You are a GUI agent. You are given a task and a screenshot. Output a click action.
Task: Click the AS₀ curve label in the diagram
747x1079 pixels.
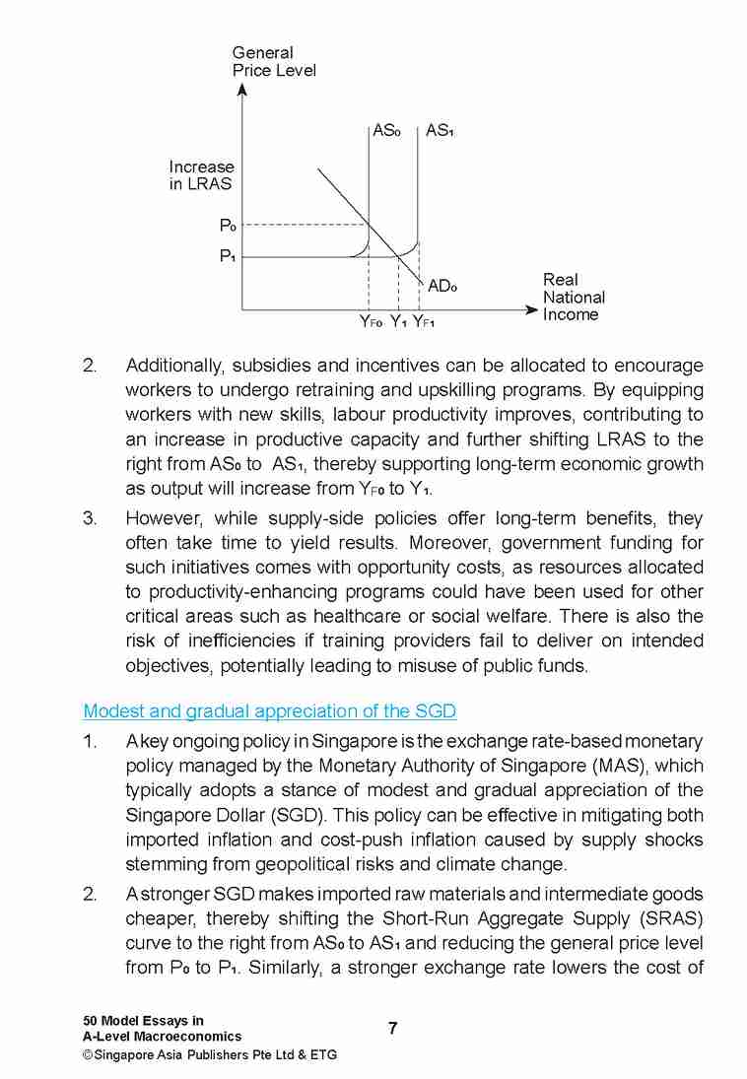click(386, 130)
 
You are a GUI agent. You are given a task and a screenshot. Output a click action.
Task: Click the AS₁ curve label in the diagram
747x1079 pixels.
click(440, 130)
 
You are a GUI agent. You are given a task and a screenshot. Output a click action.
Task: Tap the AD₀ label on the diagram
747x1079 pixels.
click(442, 286)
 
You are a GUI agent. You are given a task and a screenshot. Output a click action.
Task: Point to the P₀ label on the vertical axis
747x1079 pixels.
click(227, 226)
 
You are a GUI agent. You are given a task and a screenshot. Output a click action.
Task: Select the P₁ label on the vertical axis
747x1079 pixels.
click(227, 256)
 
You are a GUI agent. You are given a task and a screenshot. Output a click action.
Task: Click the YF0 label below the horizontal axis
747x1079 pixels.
click(371, 321)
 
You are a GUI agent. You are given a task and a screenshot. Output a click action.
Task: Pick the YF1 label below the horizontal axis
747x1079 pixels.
click(424, 321)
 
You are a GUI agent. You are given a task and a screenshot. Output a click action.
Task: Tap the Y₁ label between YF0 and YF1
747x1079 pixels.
click(398, 321)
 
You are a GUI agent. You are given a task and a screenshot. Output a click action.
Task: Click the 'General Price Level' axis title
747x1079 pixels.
click(274, 61)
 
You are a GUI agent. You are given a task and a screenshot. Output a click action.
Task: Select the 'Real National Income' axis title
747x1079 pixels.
click(574, 297)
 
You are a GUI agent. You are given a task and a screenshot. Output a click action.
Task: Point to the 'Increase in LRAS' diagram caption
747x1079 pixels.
click(201, 175)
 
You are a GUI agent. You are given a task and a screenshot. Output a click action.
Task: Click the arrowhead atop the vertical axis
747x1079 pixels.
click(242, 90)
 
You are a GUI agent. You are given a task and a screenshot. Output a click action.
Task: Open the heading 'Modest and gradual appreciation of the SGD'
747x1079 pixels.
click(269, 711)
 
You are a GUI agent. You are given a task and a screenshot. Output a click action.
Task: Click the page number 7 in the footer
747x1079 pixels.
click(392, 1029)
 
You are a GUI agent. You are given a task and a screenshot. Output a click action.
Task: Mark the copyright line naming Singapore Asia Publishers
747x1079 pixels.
click(209, 1054)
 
